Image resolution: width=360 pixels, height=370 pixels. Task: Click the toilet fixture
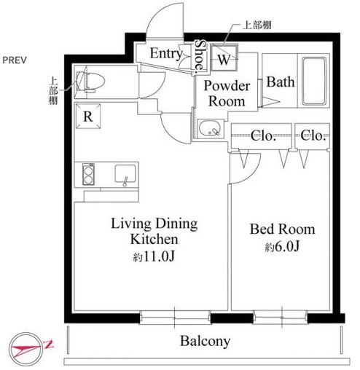point(90,82)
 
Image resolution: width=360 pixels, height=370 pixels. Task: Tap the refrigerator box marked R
point(88,116)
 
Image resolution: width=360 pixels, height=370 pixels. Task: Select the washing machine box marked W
point(224,58)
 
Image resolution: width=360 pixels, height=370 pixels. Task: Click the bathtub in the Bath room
point(314,81)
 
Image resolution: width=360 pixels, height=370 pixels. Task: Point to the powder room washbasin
point(210,127)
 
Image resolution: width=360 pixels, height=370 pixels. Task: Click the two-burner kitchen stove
point(88,174)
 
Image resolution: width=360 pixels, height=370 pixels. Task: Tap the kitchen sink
point(125,174)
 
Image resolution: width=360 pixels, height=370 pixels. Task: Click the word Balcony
point(205,341)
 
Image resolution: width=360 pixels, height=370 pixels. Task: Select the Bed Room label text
point(283,229)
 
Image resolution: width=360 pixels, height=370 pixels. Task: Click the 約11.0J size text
point(154,256)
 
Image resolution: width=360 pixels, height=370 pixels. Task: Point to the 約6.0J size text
point(282,247)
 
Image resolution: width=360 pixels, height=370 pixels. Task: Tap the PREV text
point(15,60)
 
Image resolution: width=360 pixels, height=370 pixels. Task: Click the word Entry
point(166,53)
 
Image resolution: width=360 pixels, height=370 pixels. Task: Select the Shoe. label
point(200,55)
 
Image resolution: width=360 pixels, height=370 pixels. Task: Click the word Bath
point(281,82)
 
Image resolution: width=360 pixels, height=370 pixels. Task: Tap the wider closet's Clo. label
point(263,135)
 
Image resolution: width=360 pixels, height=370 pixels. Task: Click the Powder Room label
point(227,93)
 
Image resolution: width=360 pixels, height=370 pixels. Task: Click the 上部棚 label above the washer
point(257,25)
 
